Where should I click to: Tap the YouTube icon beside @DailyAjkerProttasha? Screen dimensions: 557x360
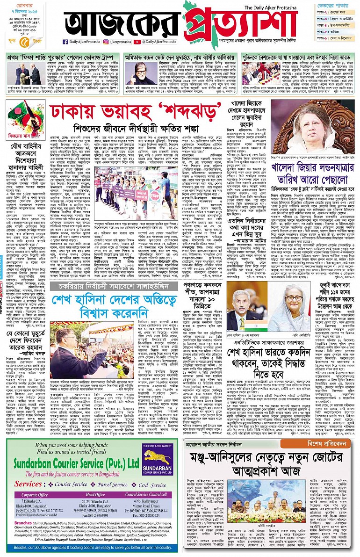[x=137, y=43]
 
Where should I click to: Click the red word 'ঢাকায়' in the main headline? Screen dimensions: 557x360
[x=75, y=111]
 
